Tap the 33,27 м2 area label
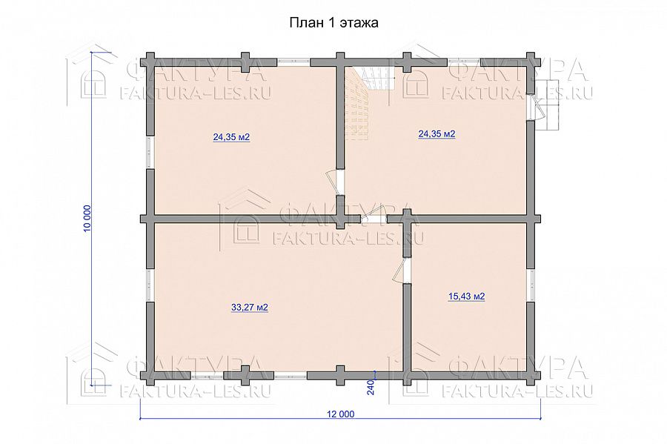249,307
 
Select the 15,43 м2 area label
467,296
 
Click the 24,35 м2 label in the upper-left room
231,137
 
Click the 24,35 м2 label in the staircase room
437,134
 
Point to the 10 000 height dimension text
87,218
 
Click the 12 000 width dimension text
340,414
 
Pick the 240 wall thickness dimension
370,388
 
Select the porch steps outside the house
548,105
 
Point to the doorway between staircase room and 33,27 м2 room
374,219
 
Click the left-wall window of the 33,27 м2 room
149,285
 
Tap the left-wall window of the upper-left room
149,152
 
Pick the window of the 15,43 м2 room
531,285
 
